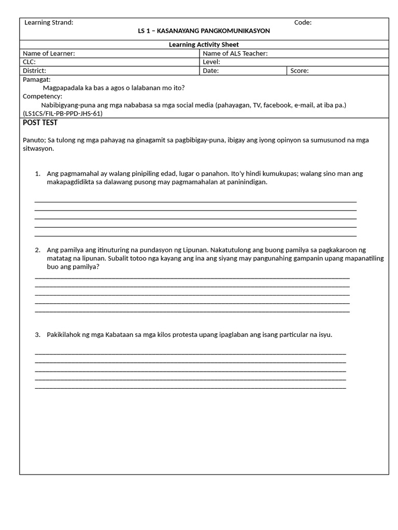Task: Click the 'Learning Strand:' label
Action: tap(49, 22)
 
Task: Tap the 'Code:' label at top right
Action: tap(303, 22)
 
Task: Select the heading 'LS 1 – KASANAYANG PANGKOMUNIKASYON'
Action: tap(204, 31)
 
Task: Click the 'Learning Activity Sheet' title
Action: tap(204, 45)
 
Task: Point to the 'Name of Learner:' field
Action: tap(49, 53)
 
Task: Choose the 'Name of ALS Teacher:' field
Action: tap(235, 53)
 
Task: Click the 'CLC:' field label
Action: tap(30, 62)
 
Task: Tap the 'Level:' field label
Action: tap(211, 62)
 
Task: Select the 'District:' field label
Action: tap(34, 70)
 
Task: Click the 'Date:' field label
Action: tap(210, 70)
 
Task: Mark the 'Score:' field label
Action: tap(300, 70)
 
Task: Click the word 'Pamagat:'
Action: tap(37, 79)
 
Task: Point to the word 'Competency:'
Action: tap(42, 96)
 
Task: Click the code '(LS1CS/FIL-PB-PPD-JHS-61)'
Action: tap(63, 113)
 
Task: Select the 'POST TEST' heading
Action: tap(40, 123)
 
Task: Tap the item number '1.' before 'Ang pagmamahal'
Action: tap(38, 173)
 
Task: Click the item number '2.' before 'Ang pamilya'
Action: tap(38, 250)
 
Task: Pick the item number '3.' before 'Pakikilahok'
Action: tap(38, 334)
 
